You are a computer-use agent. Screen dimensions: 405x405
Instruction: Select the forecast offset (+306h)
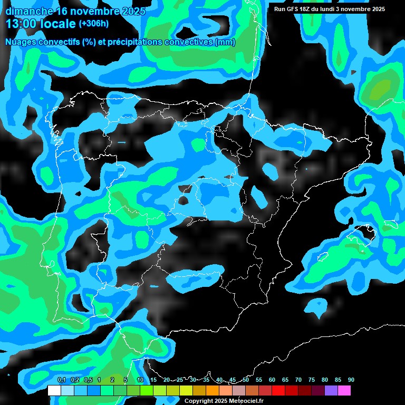tap(94, 24)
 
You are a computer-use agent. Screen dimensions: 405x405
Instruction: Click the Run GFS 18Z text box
tap(329, 9)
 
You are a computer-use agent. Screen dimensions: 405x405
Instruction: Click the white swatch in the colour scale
tap(54, 390)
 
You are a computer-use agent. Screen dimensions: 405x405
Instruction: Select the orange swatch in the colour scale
tap(213, 390)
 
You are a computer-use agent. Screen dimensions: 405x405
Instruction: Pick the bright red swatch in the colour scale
tap(278, 390)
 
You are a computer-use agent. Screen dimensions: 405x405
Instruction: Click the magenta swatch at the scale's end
tap(344, 390)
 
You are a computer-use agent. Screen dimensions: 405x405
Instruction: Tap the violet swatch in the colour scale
tap(331, 390)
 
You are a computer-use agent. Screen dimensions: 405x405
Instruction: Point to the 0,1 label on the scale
tap(61, 380)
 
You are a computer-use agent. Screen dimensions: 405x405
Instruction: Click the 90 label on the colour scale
tap(351, 380)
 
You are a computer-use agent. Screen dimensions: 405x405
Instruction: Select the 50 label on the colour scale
tap(246, 380)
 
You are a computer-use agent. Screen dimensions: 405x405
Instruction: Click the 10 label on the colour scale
tap(140, 380)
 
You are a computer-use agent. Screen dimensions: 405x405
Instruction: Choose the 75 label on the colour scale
tap(311, 380)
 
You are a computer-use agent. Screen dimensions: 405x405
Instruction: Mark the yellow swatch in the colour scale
tap(186, 390)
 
